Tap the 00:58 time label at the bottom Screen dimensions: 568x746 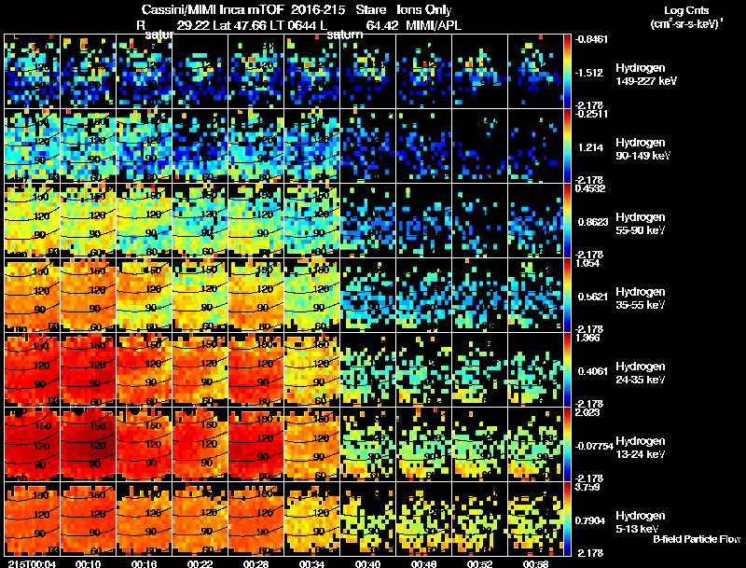[536, 562]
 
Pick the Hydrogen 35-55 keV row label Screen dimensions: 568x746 [641, 298]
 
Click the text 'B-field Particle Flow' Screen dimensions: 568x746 [696, 539]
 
